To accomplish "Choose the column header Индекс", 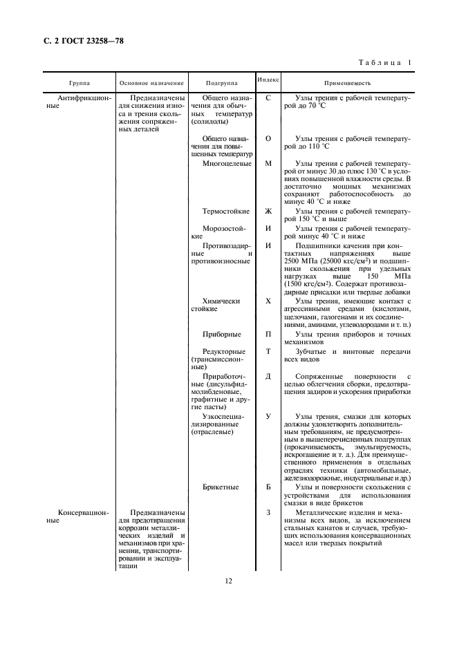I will (268, 79).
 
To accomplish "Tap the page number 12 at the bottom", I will (228, 581).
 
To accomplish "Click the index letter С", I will (268, 98).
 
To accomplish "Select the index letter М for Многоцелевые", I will (268, 164).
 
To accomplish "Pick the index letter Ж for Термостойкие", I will (268, 210).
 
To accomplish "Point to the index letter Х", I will (268, 301).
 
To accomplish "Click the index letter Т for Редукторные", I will (268, 351).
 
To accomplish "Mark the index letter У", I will (268, 416).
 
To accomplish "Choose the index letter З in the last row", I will (268, 512).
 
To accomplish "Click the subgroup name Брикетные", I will (221, 487).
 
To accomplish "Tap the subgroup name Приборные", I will (221, 334).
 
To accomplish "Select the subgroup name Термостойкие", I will (225, 210).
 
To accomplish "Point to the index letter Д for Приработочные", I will (268, 376).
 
